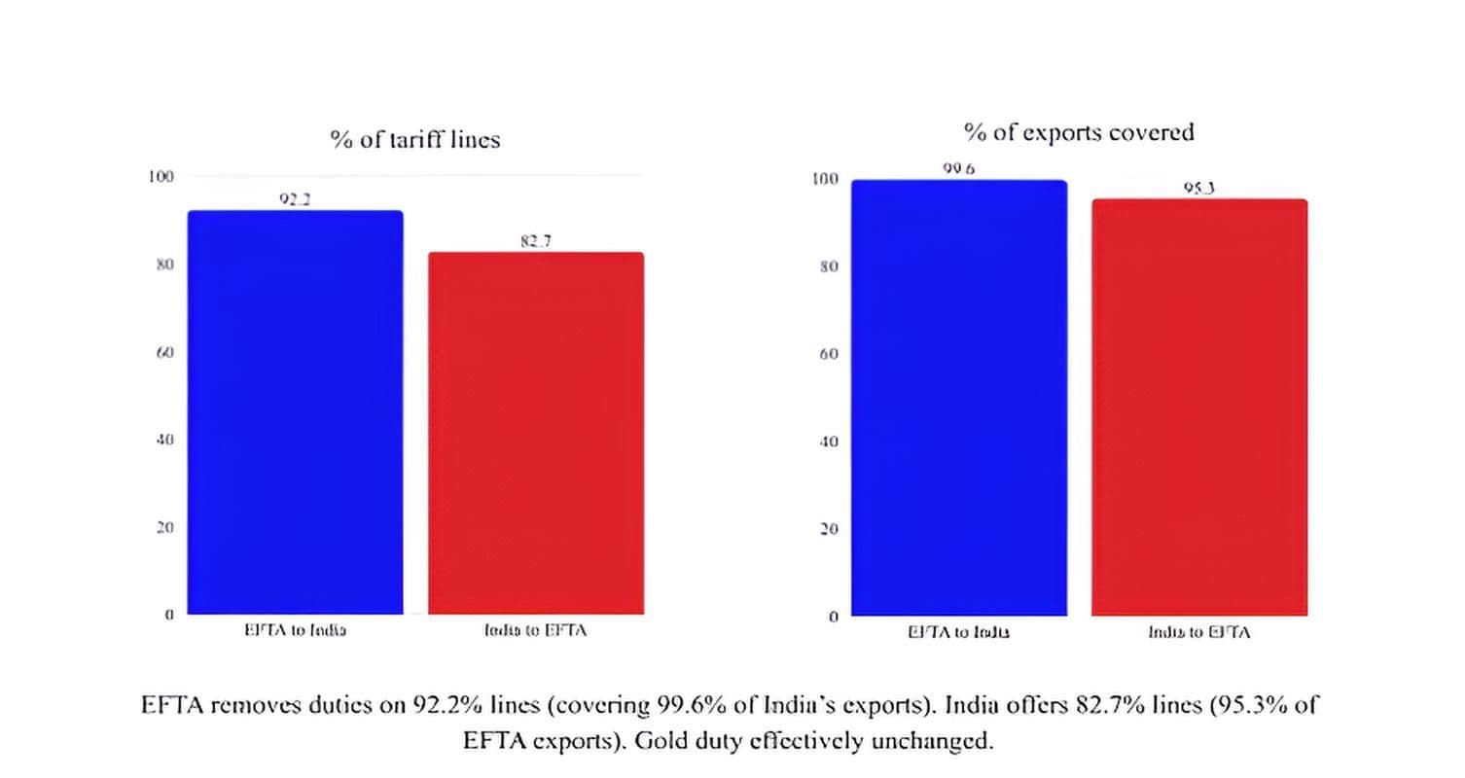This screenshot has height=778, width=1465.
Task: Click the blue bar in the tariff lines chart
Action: point(295,412)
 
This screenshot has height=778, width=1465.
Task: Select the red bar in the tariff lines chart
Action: point(536,434)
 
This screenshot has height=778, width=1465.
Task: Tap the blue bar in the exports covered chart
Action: point(959,398)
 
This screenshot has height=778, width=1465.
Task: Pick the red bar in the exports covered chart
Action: point(1199,407)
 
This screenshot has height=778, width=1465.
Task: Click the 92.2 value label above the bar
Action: point(295,199)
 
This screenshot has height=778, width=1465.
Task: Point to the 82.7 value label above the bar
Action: point(535,241)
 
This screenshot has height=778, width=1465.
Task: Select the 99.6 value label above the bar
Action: point(959,169)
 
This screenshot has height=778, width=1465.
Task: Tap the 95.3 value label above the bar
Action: point(1198,189)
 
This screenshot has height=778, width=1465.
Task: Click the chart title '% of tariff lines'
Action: point(415,140)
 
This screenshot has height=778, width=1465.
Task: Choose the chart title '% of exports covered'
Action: point(1079,132)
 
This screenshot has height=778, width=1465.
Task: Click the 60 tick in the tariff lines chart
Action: point(165,351)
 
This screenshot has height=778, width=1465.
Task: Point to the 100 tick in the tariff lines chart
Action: point(161,176)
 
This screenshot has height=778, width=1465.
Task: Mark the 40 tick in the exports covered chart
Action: point(829,442)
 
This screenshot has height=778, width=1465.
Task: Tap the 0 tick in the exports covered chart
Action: point(834,617)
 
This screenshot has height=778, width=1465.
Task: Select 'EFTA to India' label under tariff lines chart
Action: point(295,630)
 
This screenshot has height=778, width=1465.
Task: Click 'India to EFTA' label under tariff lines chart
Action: point(536,630)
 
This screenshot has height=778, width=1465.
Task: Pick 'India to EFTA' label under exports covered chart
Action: point(1199,632)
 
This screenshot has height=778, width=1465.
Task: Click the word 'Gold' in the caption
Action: point(663,741)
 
